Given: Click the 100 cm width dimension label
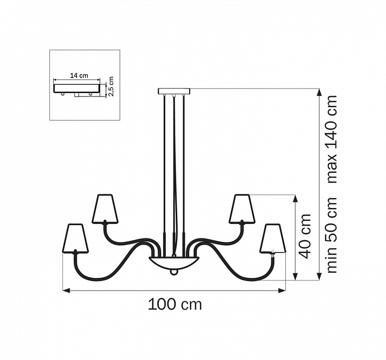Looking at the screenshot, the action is coord(175,304).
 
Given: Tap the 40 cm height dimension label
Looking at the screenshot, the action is coord(304,236).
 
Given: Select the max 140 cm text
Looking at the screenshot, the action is coord(332,139).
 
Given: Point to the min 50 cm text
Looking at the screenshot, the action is coord(332,235).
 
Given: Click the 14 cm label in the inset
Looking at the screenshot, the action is coord(79,75).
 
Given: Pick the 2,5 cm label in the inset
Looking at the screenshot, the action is coord(111,86).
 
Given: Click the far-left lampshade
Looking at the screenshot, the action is coord(75,238).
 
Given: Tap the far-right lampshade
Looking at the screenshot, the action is coord(273,238).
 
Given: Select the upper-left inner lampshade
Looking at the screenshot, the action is coord(105,209).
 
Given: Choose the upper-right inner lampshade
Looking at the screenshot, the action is coord(242,209).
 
